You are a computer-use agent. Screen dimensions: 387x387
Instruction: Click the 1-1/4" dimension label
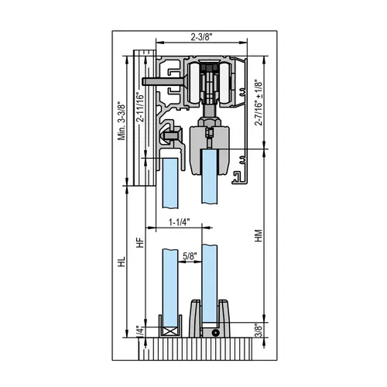pos(180,224)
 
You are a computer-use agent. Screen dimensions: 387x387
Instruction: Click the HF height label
pos(140,241)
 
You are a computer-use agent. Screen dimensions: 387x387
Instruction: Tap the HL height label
pos(121,263)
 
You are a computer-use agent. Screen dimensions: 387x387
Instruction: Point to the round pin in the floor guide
pos(213,331)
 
